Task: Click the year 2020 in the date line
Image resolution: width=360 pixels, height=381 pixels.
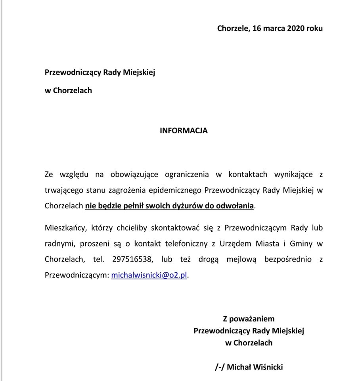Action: pos(295,28)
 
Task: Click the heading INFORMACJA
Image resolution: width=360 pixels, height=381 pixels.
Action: pos(184,131)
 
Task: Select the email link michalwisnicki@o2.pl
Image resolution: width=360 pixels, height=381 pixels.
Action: pos(149,275)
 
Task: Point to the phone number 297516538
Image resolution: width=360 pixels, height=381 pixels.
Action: pos(132,260)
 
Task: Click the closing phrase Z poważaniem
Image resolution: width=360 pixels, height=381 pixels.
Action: pos(249,319)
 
